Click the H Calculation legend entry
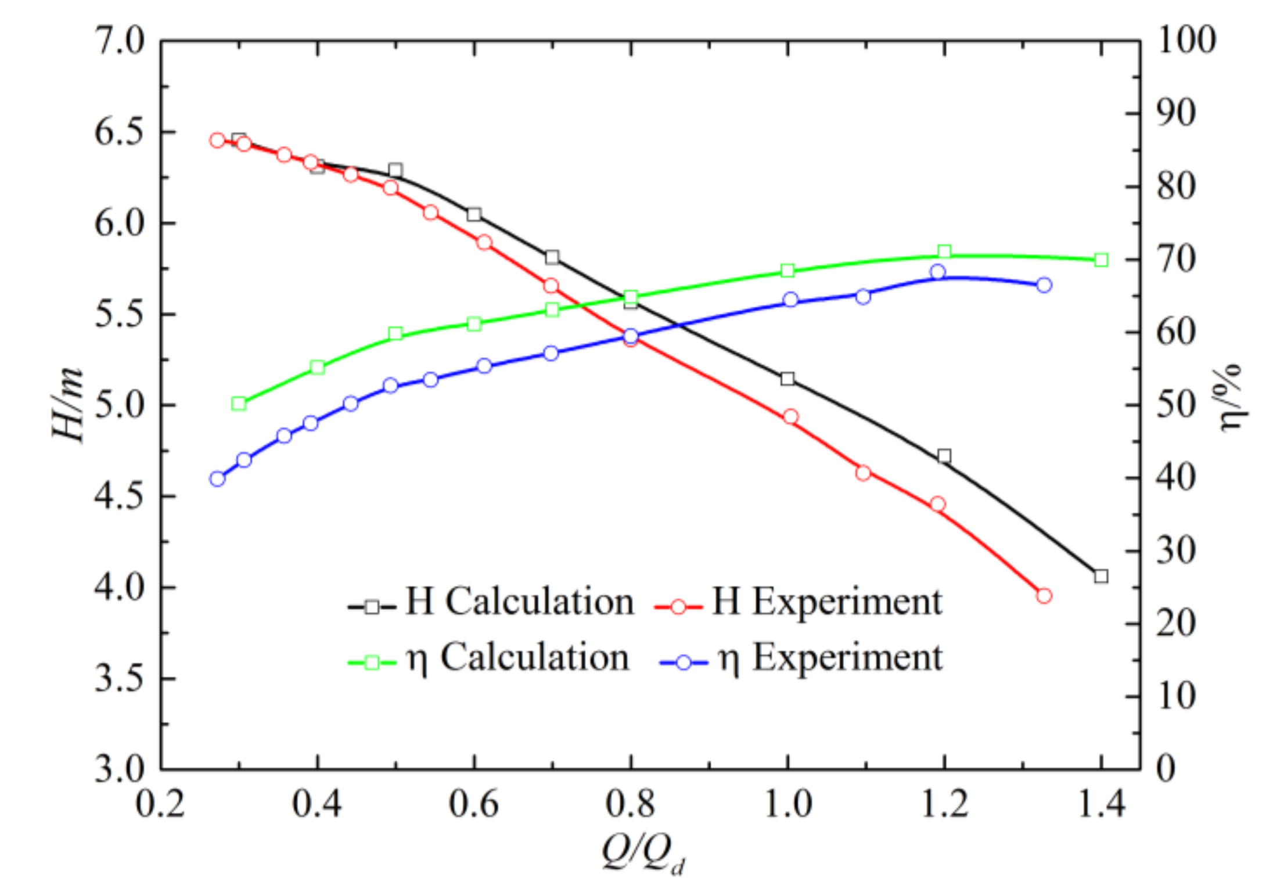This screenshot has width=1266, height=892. tap(491, 602)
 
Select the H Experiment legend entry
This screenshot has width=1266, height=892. tap(799, 602)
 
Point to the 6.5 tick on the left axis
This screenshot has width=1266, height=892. tap(119, 132)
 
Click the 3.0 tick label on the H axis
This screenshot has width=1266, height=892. tap(119, 769)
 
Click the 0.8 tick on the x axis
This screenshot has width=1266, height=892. tap(631, 805)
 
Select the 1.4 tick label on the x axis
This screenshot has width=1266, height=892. tap(1101, 805)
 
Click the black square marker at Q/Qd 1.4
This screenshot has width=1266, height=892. tap(1101, 576)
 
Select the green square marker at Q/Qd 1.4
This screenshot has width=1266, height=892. tap(1101, 260)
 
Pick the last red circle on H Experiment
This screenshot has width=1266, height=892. tap(1044, 596)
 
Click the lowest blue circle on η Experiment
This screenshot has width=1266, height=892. tap(217, 479)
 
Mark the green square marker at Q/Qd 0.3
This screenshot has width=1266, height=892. tap(239, 404)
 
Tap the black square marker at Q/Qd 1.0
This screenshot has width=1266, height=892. tap(787, 379)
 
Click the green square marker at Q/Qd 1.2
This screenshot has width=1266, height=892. tap(944, 251)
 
